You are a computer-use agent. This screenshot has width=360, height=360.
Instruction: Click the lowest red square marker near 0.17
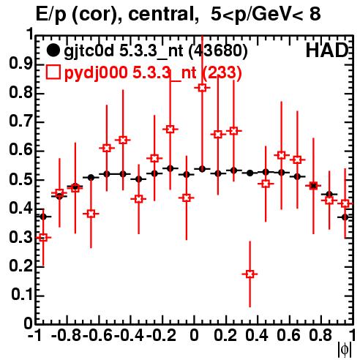(250, 274)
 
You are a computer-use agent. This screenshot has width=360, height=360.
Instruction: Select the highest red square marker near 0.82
(202, 88)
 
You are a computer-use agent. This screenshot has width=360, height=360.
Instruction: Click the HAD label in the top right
(326, 50)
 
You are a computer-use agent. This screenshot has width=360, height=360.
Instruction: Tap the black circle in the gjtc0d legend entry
(53, 50)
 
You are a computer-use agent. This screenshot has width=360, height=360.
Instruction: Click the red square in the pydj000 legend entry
(53, 72)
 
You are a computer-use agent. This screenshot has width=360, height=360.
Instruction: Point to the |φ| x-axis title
(345, 350)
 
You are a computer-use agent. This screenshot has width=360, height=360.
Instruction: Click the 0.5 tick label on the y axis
(20, 180)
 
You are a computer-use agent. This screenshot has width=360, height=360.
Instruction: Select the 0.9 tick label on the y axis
(20, 64)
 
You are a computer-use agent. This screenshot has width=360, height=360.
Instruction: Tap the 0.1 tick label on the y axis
(21, 295)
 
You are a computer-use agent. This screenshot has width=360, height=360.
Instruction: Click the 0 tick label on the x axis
(194, 335)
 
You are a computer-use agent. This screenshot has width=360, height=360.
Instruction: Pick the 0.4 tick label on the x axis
(257, 335)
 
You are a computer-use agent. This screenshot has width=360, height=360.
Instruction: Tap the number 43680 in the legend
(217, 51)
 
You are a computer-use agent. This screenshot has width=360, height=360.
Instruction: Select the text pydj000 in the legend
(96, 73)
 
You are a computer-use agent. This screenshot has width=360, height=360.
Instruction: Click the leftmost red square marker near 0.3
(43, 237)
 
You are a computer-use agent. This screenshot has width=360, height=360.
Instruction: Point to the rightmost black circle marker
(345, 217)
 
